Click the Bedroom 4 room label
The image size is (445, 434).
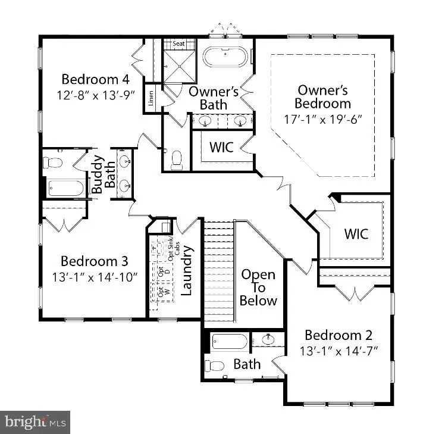coord(95,79)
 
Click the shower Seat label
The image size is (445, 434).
coord(179,44)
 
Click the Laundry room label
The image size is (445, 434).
coord(186,271)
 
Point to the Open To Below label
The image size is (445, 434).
coord(258,288)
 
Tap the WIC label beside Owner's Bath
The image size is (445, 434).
coord(221,146)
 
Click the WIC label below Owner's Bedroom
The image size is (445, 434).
coord(356,233)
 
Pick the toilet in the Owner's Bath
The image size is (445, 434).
coord(176,160)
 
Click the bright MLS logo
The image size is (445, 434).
coord(35,421)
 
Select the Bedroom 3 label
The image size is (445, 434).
coord(94,261)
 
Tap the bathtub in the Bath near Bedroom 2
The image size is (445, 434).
coord(229,343)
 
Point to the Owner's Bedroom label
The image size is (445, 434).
coord(324,97)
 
